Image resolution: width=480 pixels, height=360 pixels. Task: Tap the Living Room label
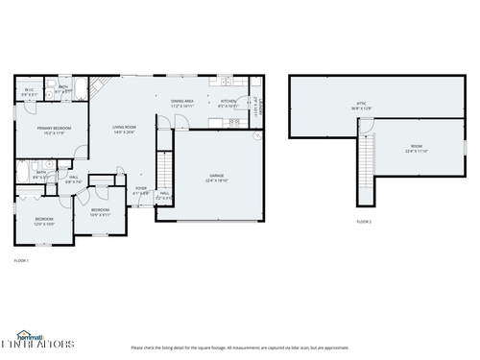pos(124,130)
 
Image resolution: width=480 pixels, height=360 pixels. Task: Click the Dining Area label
pos(182,102)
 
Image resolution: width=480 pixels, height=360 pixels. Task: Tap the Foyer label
pos(140,190)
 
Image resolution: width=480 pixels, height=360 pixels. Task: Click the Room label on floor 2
pos(416,149)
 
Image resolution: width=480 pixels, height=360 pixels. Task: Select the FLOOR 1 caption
pos(21,260)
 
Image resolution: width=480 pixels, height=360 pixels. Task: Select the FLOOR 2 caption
pos(364,222)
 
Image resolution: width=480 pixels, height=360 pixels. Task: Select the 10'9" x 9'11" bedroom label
pos(100,211)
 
